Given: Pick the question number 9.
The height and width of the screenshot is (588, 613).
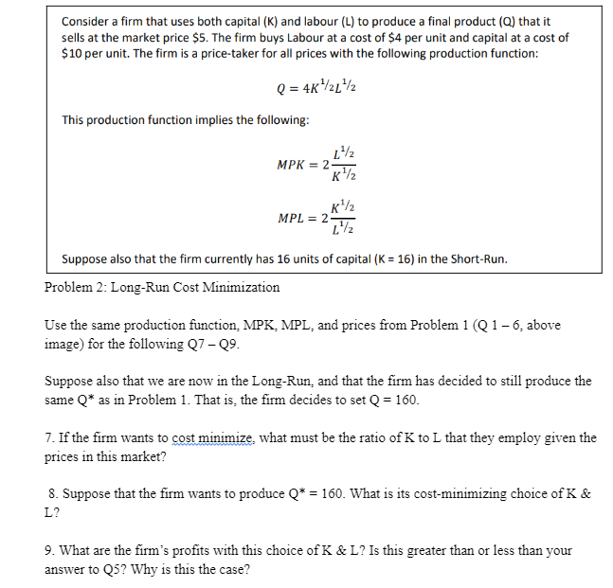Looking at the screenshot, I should (48, 550).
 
